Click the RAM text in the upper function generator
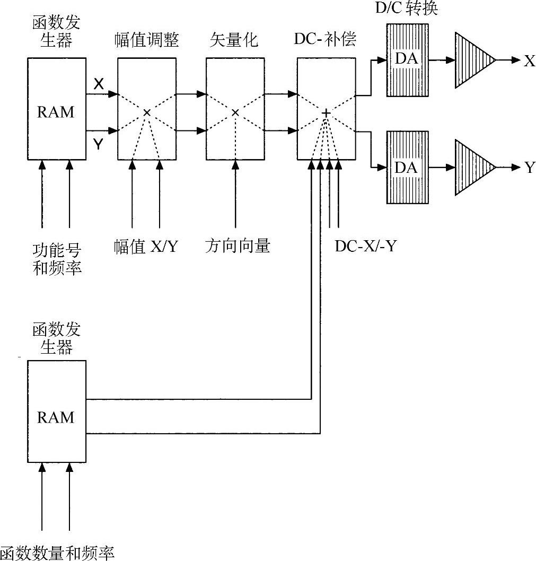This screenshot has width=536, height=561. point(57,112)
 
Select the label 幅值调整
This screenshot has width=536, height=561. point(146,40)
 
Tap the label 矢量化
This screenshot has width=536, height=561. point(234,40)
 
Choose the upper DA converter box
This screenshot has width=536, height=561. point(407,59)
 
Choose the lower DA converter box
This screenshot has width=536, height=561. point(407,167)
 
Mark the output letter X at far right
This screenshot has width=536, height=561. point(529,60)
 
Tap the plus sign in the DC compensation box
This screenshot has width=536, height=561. point(326,113)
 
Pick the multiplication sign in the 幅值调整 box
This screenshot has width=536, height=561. point(147,112)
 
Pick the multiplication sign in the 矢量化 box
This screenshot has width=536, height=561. point(235,112)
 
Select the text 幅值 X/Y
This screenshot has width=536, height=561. point(145,246)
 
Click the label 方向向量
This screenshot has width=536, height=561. point(238,246)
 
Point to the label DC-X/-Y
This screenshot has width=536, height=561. point(365,246)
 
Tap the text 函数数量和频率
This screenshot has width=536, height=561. point(57,553)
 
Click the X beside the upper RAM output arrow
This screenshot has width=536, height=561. point(99,83)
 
